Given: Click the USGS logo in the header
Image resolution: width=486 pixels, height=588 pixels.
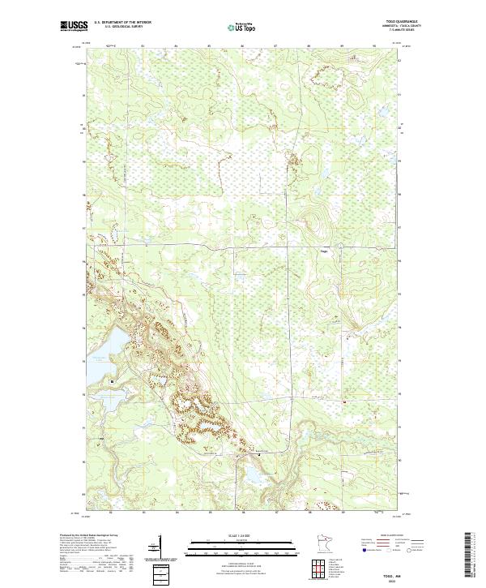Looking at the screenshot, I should (71, 26).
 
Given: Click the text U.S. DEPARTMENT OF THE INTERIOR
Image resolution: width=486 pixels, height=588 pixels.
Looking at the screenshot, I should (122, 23).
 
